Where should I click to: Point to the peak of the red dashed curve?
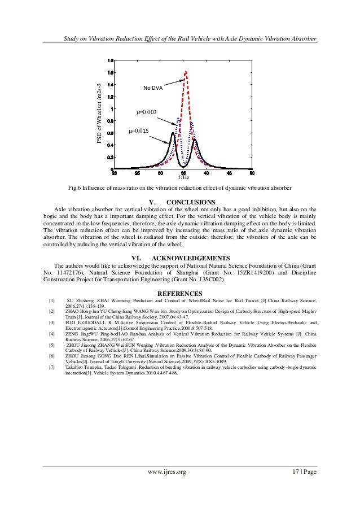click(186, 71)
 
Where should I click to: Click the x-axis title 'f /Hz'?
click(184, 177)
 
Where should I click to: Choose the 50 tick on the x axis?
click(252, 173)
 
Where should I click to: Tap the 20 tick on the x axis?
click(115, 173)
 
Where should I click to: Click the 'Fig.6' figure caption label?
click(76, 187)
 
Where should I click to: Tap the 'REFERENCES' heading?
click(179, 293)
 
